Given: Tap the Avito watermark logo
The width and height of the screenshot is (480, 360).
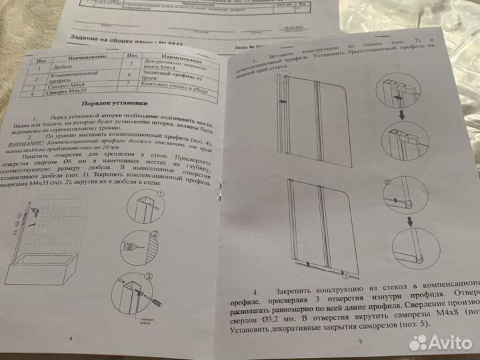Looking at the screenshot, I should point(439,342).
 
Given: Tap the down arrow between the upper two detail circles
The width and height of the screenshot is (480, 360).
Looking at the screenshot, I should point(401,114).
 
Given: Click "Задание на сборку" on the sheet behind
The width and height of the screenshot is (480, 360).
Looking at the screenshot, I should point(93,39).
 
